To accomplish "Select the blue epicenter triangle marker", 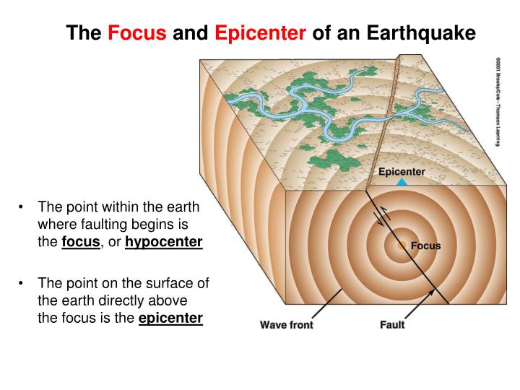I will (x=402, y=183).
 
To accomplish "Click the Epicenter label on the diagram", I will (x=402, y=172).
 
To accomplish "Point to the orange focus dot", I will (x=402, y=246).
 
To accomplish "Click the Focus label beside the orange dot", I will (x=425, y=246).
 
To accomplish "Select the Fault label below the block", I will (x=392, y=324).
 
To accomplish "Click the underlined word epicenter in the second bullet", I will (x=170, y=317).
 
